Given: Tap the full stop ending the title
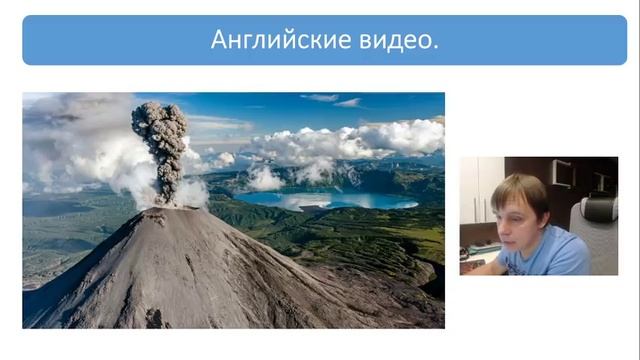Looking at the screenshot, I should coord(436,47).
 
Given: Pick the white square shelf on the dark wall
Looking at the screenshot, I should coord(561,172).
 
